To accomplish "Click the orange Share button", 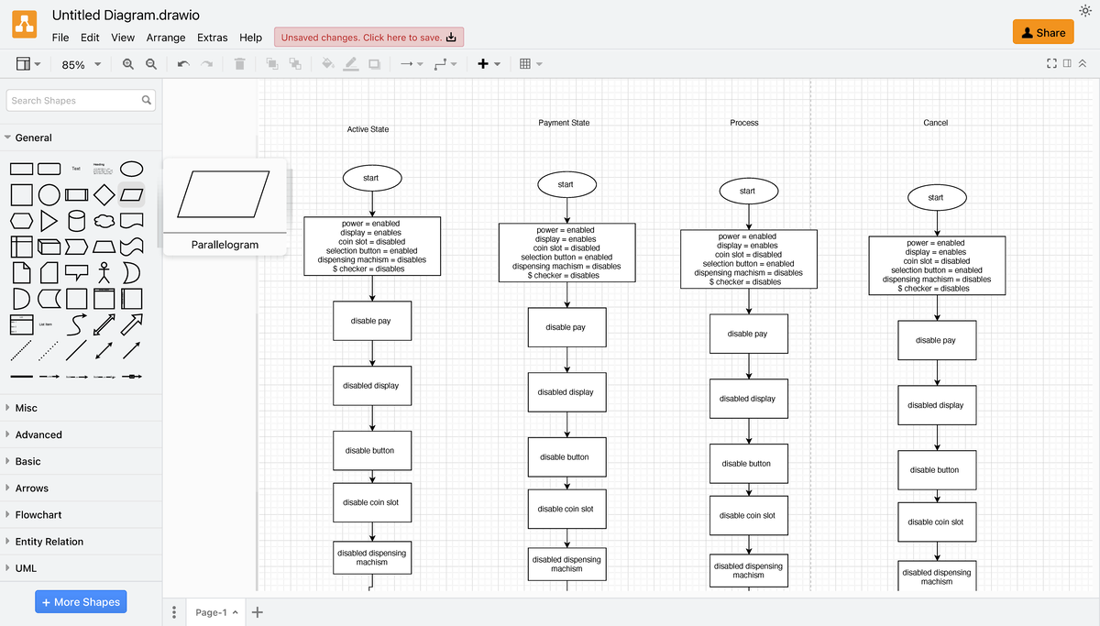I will tap(1042, 32).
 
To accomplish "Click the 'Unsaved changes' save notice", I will tap(368, 38).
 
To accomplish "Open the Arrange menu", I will tap(166, 38).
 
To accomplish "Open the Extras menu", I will tap(212, 38).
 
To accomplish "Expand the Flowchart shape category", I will tap(38, 515).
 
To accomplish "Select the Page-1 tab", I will tap(211, 612).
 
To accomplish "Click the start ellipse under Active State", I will tap(371, 178).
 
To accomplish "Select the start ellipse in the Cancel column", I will tap(936, 198).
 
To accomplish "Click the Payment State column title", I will tap(564, 123).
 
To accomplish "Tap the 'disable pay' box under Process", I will tap(748, 334).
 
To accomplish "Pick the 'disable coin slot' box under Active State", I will tap(371, 502).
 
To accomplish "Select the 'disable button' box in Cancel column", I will tap(936, 470).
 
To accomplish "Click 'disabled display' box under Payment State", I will tap(566, 392).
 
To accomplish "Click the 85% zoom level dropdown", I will tap(81, 64).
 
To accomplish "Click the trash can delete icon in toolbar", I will tap(239, 64).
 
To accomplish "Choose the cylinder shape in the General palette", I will tap(77, 221).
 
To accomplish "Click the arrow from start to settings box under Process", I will tap(749, 216).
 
